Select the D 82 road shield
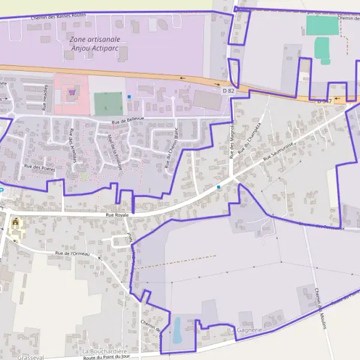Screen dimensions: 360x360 227,91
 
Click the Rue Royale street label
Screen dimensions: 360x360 117,214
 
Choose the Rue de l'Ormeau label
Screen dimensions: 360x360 72,253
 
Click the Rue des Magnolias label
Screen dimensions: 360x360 232,140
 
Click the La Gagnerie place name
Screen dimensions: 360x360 246,331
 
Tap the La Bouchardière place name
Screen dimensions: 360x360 104,351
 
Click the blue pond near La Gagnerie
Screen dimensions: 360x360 176,330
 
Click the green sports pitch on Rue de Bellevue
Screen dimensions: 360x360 108,104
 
